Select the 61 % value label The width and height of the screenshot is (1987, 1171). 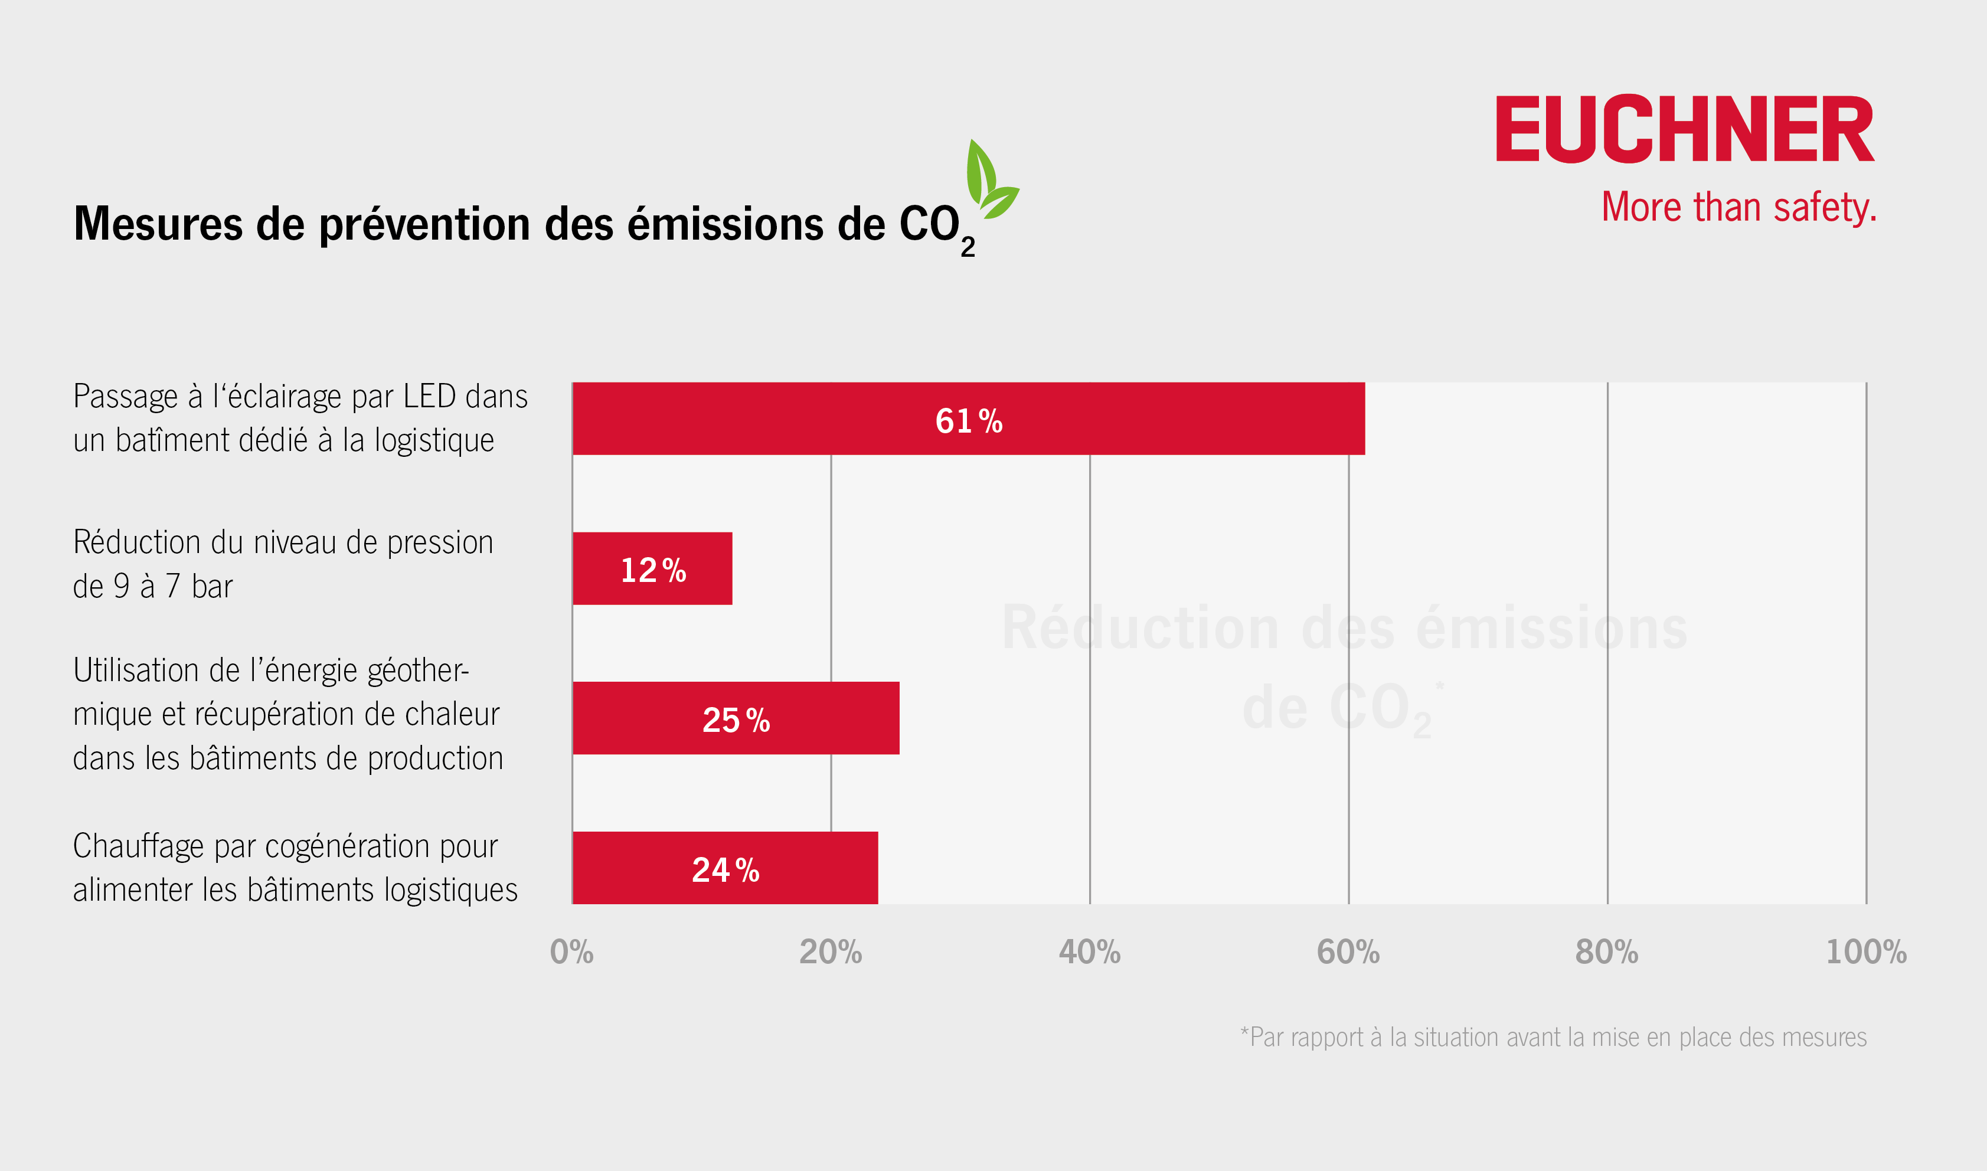[x=968, y=421]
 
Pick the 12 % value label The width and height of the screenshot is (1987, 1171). [x=653, y=570]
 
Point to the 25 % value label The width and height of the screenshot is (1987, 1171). [x=736, y=719]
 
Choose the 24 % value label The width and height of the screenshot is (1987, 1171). [x=725, y=869]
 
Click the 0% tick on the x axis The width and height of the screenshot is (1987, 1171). [x=571, y=951]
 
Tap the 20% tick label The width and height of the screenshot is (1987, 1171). [x=830, y=951]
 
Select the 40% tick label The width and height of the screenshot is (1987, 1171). [x=1089, y=951]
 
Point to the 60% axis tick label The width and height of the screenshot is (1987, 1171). [x=1348, y=951]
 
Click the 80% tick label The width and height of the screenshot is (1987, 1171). [x=1607, y=951]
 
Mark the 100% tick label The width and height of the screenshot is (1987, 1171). [x=1865, y=951]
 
